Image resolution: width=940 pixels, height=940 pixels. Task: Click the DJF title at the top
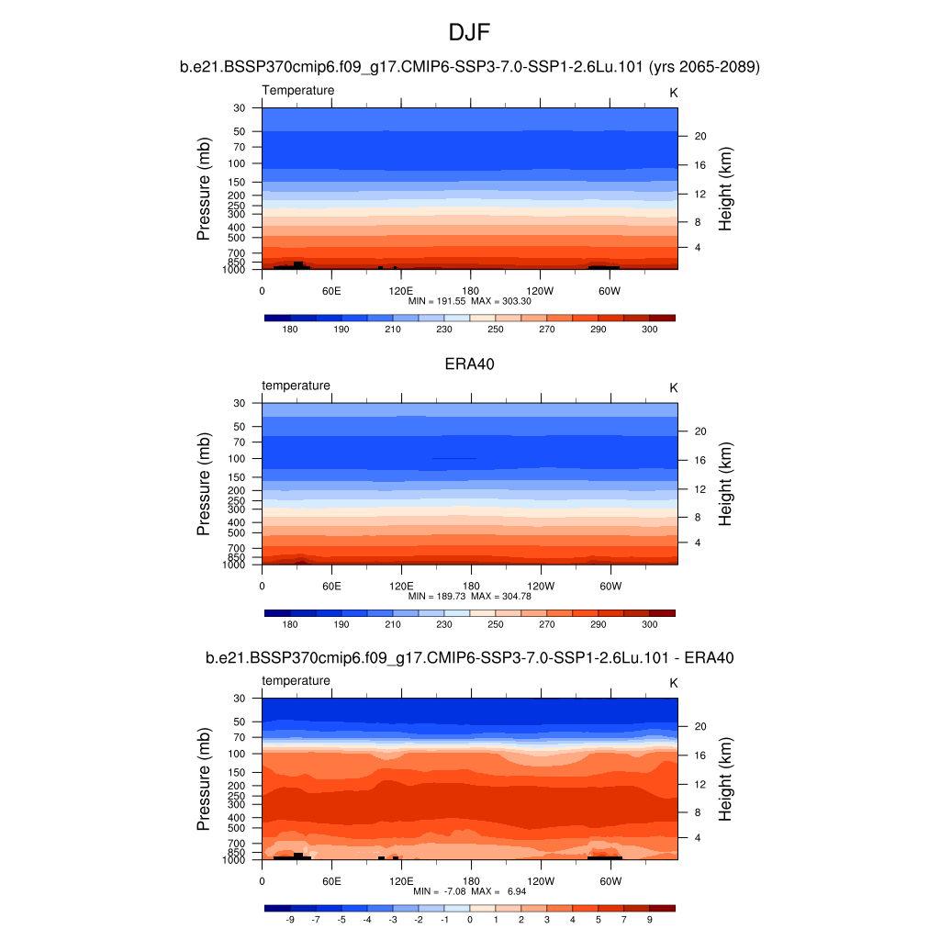click(x=470, y=33)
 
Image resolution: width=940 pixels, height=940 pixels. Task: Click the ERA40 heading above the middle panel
click(x=470, y=364)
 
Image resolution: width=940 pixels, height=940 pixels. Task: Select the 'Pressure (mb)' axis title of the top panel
click(x=204, y=189)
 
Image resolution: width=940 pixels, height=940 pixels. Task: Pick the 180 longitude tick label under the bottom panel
click(x=470, y=880)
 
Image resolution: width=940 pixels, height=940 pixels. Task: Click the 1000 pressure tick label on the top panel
click(x=235, y=270)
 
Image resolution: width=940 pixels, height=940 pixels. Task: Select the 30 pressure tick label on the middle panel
click(x=241, y=403)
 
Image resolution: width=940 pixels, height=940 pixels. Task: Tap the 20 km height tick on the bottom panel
click(x=699, y=726)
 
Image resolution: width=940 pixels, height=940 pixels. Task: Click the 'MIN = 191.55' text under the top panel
click(x=437, y=301)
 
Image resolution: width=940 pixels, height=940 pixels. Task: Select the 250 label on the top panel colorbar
click(x=496, y=330)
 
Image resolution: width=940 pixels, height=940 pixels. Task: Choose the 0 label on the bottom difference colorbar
click(x=470, y=919)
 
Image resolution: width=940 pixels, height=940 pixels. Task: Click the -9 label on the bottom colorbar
click(x=290, y=919)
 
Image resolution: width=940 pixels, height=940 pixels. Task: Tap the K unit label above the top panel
click(x=673, y=93)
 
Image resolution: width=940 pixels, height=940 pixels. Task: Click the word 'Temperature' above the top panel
click(x=298, y=91)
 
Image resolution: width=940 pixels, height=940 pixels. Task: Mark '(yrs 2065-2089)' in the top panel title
click(x=705, y=67)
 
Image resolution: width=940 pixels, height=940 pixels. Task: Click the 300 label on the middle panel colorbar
click(x=650, y=624)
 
